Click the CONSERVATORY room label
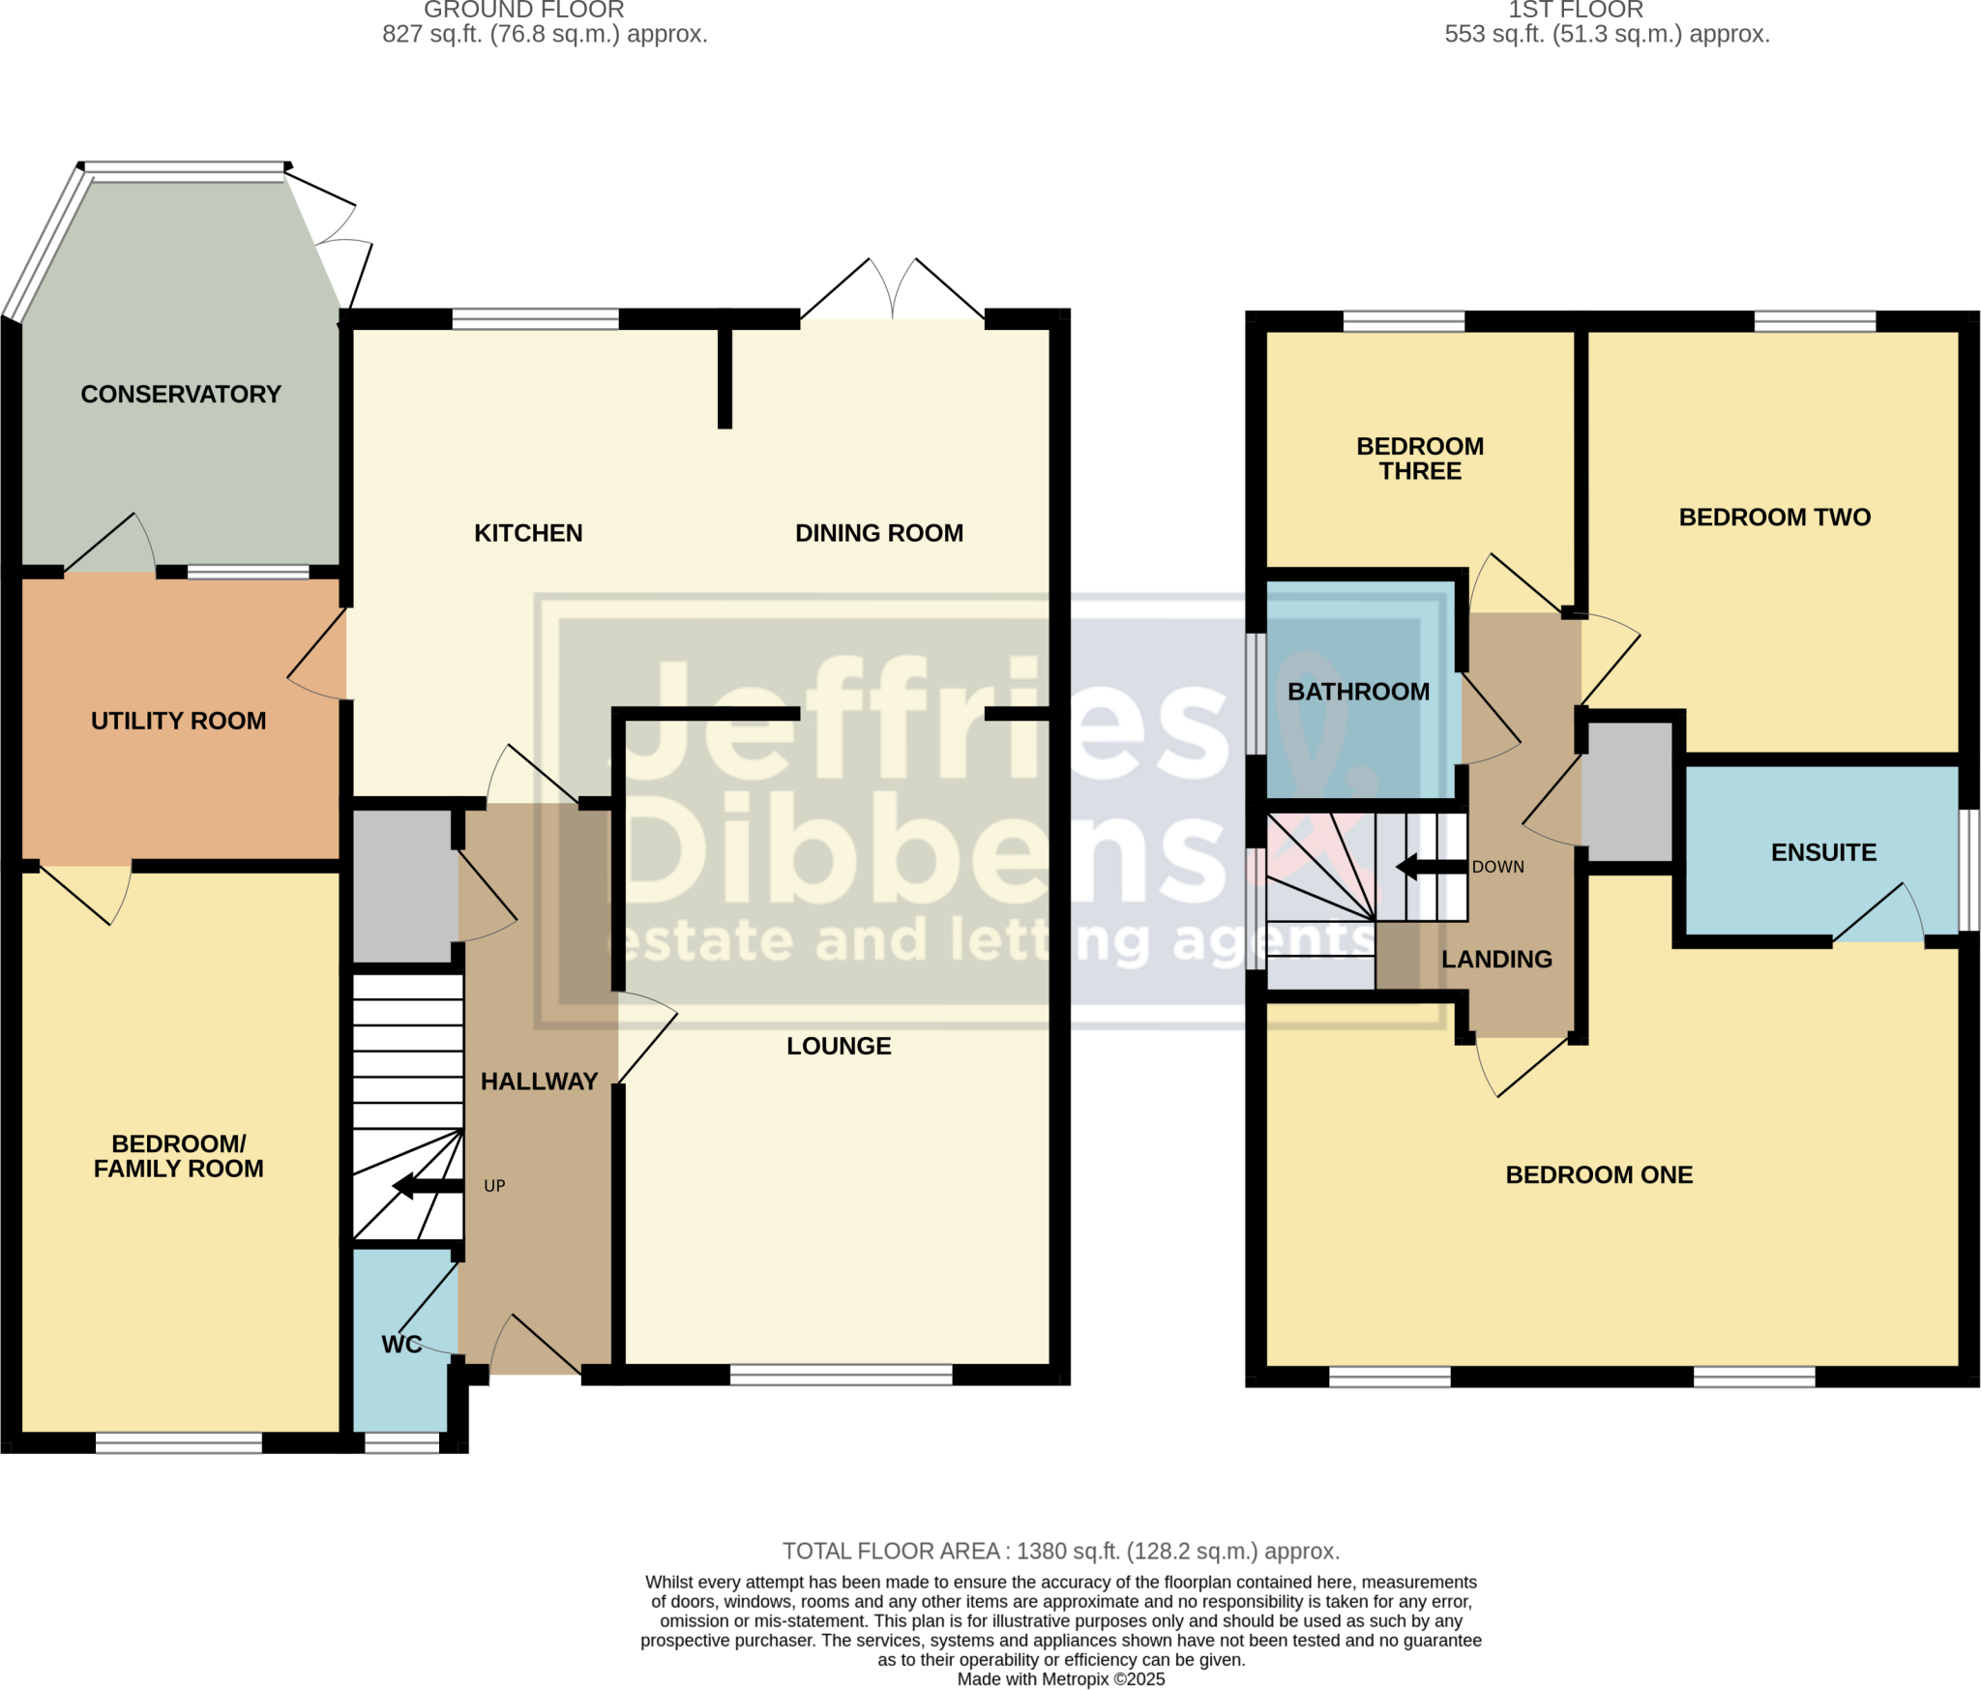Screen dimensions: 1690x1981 tap(181, 394)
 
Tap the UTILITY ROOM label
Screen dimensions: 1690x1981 tap(178, 721)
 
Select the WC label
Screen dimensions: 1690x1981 tap(401, 1344)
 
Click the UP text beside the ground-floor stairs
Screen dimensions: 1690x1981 tap(494, 1186)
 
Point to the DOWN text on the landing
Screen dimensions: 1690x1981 tap(1497, 867)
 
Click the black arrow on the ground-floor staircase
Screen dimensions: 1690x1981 tap(427, 1186)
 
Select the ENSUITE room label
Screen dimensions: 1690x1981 tap(1823, 852)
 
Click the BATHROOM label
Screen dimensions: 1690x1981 tap(1358, 692)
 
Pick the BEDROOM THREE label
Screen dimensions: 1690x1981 tap(1420, 459)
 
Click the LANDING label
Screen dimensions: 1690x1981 tap(1496, 959)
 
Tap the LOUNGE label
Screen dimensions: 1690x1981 tap(839, 1046)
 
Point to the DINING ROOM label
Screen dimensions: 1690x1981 tap(878, 533)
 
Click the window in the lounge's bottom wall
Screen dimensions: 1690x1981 tap(841, 1375)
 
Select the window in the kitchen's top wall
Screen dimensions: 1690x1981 tap(535, 319)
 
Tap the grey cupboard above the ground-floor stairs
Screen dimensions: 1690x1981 tap(403, 885)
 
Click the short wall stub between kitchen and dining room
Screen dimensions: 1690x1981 tap(724, 377)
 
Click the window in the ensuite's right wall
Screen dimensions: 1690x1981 tap(1969, 870)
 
